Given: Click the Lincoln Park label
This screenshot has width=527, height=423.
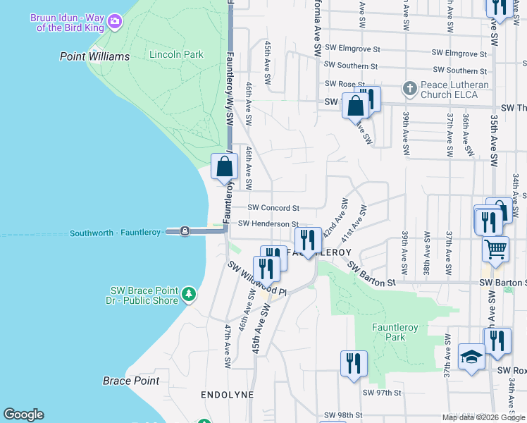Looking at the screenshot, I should click(x=176, y=54).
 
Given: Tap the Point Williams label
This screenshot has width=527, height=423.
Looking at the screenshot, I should click(x=95, y=56).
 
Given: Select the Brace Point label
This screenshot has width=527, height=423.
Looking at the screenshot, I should click(x=131, y=381).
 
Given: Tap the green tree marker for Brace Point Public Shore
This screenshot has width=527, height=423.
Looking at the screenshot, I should click(x=188, y=293).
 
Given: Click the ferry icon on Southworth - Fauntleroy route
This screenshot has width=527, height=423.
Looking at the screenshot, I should click(x=185, y=231).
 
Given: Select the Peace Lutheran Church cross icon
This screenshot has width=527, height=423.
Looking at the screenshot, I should click(x=409, y=89).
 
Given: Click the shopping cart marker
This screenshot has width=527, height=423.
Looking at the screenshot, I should click(x=495, y=248).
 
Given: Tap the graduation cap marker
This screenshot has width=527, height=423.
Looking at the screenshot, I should click(x=471, y=357).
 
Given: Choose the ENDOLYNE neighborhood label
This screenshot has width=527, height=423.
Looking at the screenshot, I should click(x=226, y=395).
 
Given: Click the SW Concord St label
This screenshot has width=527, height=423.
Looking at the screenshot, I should click(x=273, y=208).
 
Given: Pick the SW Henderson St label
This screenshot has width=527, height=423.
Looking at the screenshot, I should click(x=263, y=223).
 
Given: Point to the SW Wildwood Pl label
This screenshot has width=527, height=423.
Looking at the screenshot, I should click(x=257, y=278).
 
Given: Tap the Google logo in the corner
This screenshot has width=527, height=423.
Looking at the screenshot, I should click(x=23, y=415).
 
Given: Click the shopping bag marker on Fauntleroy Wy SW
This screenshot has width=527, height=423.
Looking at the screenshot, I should click(x=225, y=167).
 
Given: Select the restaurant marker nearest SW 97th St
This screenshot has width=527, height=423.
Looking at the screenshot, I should click(x=353, y=363).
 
